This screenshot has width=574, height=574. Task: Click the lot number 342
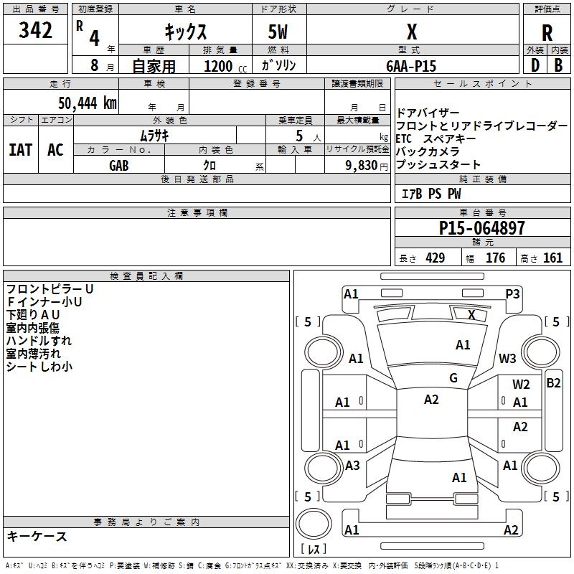[x=35, y=30]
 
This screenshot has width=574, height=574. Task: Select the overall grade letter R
[x=547, y=33]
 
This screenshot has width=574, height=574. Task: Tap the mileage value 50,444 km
[x=88, y=103]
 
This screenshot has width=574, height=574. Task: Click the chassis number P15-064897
[x=481, y=227]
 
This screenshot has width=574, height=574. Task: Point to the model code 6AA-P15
[x=411, y=66]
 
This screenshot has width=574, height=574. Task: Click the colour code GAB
[x=118, y=166]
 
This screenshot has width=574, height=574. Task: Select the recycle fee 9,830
[x=362, y=166]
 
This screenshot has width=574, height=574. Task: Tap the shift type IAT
[x=21, y=150]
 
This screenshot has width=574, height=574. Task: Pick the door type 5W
[x=278, y=32]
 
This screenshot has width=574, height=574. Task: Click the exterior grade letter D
[x=535, y=65]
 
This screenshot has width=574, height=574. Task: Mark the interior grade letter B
[x=558, y=65]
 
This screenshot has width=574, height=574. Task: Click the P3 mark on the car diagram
[x=512, y=294]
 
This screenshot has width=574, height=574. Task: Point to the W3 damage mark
[x=507, y=358]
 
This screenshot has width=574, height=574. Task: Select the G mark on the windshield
[x=453, y=378]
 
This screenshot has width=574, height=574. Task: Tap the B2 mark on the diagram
[x=553, y=383]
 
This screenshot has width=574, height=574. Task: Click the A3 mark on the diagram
[x=352, y=465]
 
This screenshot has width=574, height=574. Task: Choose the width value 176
[x=495, y=258]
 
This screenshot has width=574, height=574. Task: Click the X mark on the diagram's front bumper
[x=471, y=315]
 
